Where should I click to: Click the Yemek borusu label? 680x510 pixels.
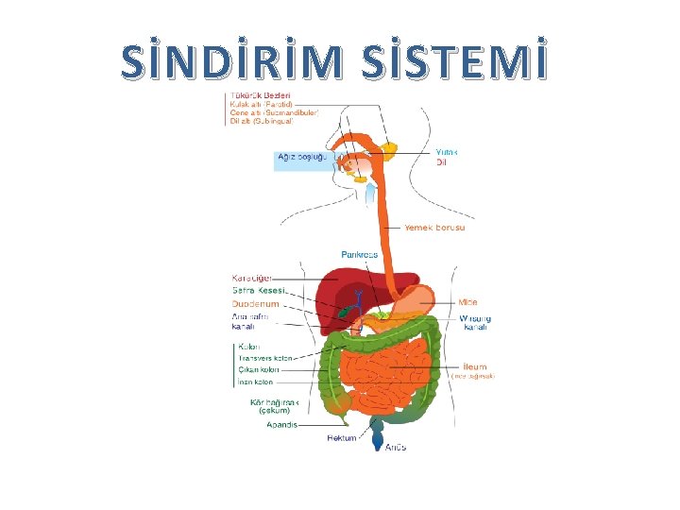pos(434,228)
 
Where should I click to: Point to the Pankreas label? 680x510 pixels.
pos(359,255)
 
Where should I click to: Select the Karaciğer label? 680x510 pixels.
pos(251,278)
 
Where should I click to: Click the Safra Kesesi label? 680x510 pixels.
pos(258,291)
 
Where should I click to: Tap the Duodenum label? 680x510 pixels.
pos(255,304)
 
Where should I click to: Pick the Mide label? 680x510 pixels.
pos(468,302)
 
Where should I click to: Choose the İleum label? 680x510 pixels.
pos(474,366)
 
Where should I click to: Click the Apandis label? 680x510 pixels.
pos(280,425)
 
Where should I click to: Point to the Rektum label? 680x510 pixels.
pos(341,438)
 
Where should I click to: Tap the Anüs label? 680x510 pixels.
pos(395,447)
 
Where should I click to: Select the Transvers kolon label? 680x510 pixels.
pos(265,359)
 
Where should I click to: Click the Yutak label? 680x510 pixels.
pos(446,152)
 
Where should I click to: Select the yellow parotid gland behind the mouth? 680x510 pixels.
pos(389,148)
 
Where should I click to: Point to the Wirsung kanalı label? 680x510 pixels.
pos(475,323)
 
